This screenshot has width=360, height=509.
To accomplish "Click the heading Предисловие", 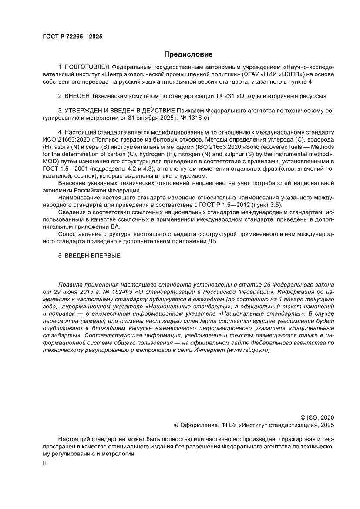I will (188, 54).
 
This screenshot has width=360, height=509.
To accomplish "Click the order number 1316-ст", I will (201, 118).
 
